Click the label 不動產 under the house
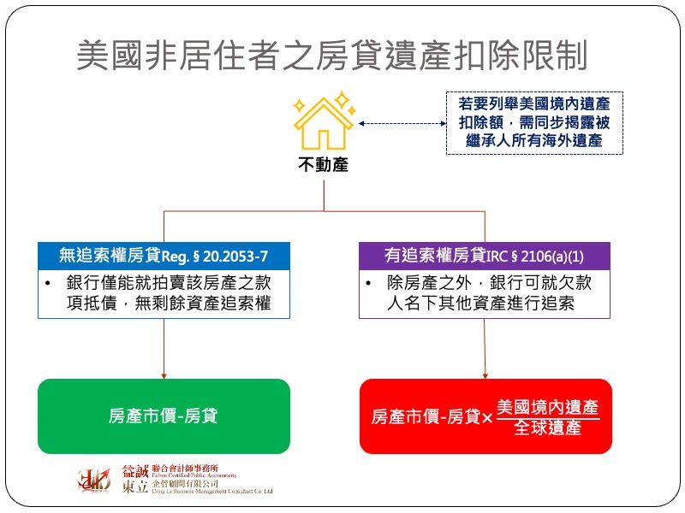click(324, 165)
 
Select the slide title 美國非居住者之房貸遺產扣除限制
click(332, 55)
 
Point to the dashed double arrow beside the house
click(402, 123)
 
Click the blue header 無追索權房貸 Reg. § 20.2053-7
click(164, 256)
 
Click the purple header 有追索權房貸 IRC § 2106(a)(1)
click(485, 256)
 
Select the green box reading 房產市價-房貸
click(164, 416)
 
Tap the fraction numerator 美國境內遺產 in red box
click(548, 407)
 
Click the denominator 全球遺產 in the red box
click(548, 427)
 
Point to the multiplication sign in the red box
click(487, 418)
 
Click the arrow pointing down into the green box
click(164, 349)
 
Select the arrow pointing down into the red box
click(485, 349)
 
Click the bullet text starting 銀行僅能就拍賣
click(169, 292)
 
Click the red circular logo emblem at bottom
click(94, 480)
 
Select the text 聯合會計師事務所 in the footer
click(185, 469)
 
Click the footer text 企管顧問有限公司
click(185, 483)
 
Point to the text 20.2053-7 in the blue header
click(235, 256)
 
